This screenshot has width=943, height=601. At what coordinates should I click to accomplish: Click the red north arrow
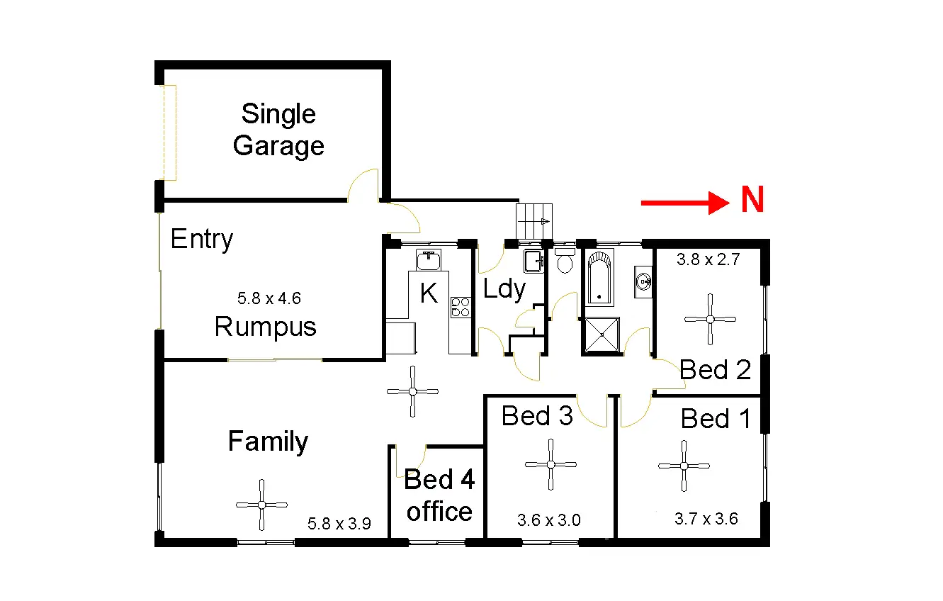[x=684, y=203]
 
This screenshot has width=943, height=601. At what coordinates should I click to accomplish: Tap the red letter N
[x=752, y=201]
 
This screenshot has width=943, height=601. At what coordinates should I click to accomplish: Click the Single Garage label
[x=278, y=130]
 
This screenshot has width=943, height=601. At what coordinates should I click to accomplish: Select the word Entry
[x=202, y=240]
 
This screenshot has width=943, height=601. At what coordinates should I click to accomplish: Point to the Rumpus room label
[x=265, y=327]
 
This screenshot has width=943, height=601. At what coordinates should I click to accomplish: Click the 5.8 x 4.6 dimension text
[x=269, y=298]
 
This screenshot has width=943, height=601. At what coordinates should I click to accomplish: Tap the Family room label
[x=268, y=442]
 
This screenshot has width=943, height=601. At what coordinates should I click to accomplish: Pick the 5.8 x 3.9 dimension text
[x=339, y=524]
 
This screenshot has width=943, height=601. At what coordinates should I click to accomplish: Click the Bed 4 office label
[x=439, y=495]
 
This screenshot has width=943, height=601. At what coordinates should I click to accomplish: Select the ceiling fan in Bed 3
[x=550, y=464]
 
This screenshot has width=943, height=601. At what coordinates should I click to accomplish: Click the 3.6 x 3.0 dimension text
[x=549, y=520]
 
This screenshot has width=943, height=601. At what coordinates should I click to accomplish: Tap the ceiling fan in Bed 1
[x=684, y=466]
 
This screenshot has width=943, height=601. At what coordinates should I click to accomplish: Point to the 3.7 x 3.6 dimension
[x=706, y=519]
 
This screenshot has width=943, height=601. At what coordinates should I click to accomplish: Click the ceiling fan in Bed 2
[x=710, y=319]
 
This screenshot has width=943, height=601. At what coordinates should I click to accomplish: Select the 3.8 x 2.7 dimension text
[x=708, y=259]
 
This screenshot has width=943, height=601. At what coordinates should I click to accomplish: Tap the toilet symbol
[x=565, y=262]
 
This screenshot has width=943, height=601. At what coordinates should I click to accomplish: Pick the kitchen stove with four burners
[x=460, y=307]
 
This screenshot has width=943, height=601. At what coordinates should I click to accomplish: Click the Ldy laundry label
[x=504, y=289]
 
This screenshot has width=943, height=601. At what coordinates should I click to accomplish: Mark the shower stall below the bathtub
[x=601, y=335]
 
